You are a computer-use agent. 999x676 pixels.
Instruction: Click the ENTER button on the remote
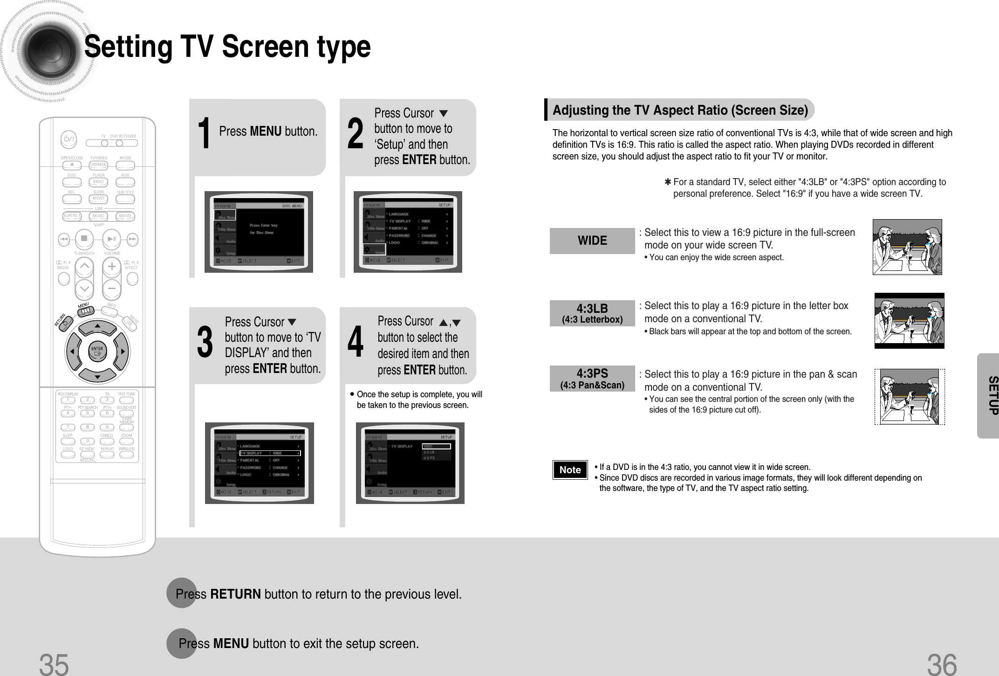[97, 351]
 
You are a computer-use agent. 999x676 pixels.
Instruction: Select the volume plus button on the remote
[112, 267]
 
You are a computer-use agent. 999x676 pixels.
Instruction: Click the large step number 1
[204, 134]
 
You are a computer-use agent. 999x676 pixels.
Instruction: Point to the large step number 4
[356, 343]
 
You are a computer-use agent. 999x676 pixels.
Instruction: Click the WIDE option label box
[592, 241]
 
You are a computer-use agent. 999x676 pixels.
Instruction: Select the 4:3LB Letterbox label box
[592, 313]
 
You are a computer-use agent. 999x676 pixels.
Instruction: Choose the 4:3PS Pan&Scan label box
[592, 379]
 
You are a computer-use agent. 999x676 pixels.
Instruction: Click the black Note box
[570, 469]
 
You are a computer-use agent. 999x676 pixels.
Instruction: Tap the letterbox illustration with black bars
[909, 321]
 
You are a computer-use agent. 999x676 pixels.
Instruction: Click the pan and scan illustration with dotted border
[909, 397]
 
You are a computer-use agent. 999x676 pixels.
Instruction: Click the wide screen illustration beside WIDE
[907, 247]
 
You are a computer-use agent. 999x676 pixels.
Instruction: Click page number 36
[941, 664]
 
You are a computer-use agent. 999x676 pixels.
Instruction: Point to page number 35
[54, 664]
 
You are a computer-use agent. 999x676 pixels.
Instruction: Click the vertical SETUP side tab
[990, 395]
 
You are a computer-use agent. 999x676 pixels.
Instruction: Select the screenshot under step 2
[408, 232]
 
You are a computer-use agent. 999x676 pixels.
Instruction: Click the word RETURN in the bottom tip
[235, 594]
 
